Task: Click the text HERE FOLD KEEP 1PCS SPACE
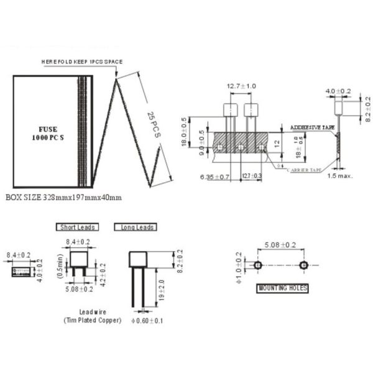[82, 62]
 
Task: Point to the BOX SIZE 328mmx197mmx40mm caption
[63, 197]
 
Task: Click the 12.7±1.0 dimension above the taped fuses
[241, 86]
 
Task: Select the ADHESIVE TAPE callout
[312, 127]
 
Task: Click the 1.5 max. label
[340, 175]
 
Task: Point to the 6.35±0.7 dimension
[215, 177]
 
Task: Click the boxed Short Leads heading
[76, 227]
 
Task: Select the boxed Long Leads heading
[135, 227]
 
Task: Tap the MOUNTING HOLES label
[282, 288]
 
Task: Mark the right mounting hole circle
[303, 265]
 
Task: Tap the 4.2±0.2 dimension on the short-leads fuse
[103, 273]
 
